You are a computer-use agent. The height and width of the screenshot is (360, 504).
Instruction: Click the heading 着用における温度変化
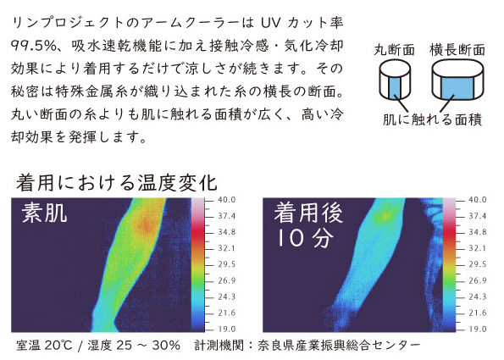tap(117, 183)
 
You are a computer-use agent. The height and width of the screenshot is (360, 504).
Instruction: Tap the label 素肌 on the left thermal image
tap(44, 213)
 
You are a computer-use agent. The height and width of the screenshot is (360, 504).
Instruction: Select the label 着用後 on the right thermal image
tap(308, 213)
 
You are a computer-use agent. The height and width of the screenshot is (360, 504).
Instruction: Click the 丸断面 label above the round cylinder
tap(395, 50)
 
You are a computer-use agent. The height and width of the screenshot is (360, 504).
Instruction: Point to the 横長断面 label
tap(457, 50)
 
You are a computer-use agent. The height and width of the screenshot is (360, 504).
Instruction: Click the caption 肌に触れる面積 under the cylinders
tap(432, 119)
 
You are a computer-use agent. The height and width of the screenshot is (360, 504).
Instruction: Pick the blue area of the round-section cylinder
tap(395, 86)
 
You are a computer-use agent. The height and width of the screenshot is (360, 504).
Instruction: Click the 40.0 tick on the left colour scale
tap(227, 200)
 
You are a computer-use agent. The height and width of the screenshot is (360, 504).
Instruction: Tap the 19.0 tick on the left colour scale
tap(227, 329)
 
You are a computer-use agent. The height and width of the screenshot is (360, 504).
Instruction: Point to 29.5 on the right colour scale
tap(478, 264)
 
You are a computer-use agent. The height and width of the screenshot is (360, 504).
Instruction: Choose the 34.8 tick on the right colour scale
tap(478, 232)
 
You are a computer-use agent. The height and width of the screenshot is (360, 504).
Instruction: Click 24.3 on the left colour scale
tap(227, 296)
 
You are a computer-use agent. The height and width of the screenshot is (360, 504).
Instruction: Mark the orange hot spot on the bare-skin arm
tap(146, 225)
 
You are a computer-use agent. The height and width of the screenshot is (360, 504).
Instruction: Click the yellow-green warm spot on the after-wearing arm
tap(385, 216)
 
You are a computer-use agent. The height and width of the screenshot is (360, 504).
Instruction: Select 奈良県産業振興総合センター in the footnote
tap(339, 346)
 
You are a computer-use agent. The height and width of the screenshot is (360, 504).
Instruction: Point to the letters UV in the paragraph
tap(271, 23)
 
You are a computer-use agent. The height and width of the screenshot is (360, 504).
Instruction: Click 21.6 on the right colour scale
tap(478, 313)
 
